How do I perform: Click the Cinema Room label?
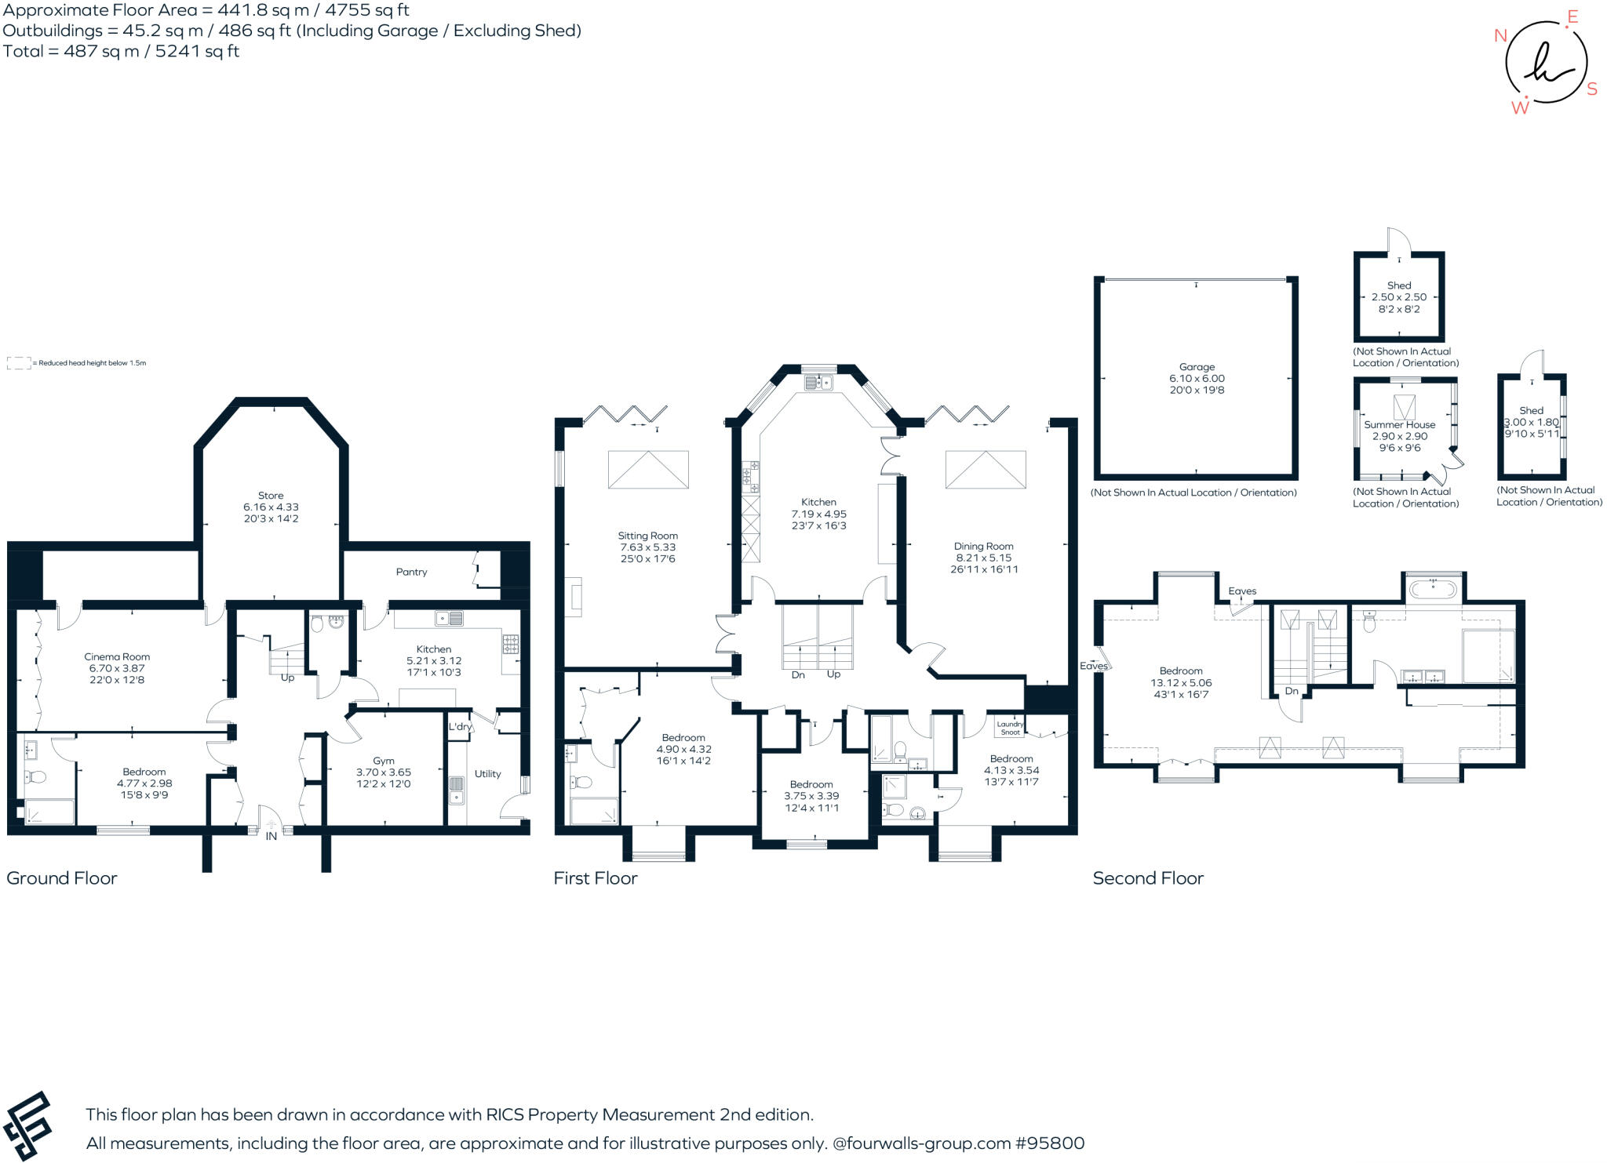[x=117, y=656]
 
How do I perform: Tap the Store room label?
[x=271, y=496]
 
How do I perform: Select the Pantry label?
[x=411, y=572]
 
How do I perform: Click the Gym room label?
[x=383, y=761]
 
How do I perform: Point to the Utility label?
[x=487, y=773]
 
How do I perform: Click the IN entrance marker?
[x=271, y=836]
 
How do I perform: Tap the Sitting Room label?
[x=647, y=536]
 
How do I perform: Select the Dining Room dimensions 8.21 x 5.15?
[x=983, y=558]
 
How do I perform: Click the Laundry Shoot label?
[x=1010, y=729]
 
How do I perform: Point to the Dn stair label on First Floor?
[x=798, y=674]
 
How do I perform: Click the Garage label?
[x=1197, y=366]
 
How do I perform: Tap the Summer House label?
[x=1399, y=424]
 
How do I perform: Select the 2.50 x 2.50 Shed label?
[x=1399, y=297]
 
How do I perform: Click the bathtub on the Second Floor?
[x=1433, y=588]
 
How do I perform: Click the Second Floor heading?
[x=1147, y=878]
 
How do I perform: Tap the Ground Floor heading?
[x=62, y=878]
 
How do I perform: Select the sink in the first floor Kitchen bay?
[x=818, y=383]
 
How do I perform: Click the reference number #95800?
[x=1050, y=1143]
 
